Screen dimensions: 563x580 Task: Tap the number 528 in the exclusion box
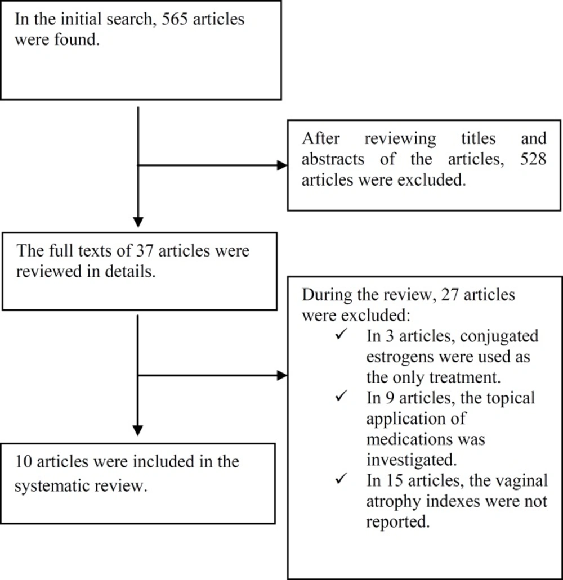click(533, 159)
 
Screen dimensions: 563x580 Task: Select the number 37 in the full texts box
click(144, 251)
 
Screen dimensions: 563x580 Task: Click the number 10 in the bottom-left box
click(23, 462)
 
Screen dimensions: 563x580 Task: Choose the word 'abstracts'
click(333, 159)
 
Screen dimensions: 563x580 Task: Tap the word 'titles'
click(478, 138)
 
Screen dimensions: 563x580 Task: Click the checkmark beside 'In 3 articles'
click(341, 334)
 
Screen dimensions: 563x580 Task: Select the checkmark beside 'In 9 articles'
click(341, 396)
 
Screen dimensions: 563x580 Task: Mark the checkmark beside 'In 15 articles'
click(341, 479)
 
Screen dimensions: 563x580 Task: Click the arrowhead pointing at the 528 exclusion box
click(282, 165)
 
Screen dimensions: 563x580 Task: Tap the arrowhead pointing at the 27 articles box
click(282, 375)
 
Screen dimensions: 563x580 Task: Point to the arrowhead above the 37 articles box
click(138, 222)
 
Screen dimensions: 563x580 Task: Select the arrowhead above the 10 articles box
click(138, 430)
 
